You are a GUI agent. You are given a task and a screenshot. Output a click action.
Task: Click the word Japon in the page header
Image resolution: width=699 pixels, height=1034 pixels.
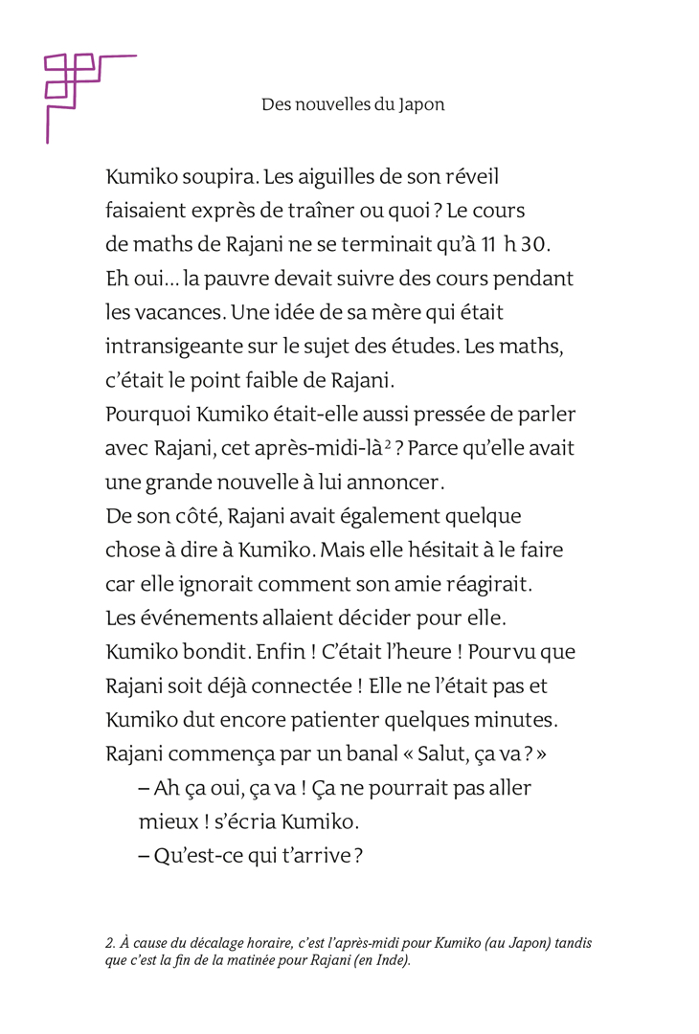423,105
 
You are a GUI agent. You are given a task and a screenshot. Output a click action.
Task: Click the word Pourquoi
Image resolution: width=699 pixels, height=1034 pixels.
147,415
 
